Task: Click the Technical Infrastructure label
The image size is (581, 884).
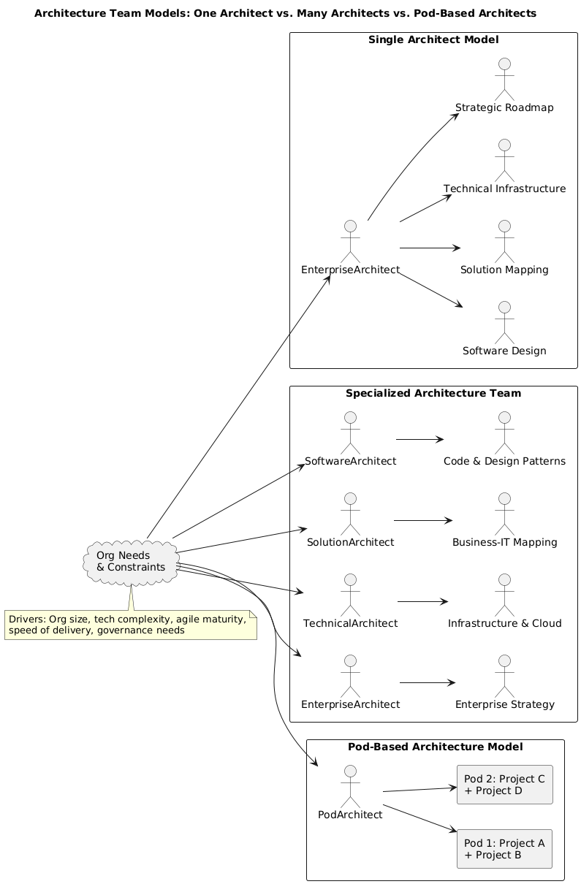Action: [x=504, y=189]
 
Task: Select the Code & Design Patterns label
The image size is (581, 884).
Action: [x=504, y=461]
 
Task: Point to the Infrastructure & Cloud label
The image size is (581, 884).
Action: [x=504, y=623]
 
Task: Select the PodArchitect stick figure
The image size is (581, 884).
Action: [x=350, y=785]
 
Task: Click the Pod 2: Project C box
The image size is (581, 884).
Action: [x=504, y=785]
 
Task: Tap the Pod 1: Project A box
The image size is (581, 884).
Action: [x=504, y=849]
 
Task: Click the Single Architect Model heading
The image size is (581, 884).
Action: [x=433, y=39]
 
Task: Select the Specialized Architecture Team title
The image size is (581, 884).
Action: [x=433, y=393]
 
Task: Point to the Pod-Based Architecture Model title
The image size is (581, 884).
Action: [x=435, y=747]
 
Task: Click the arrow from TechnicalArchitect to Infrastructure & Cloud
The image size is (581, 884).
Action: [x=422, y=601]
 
